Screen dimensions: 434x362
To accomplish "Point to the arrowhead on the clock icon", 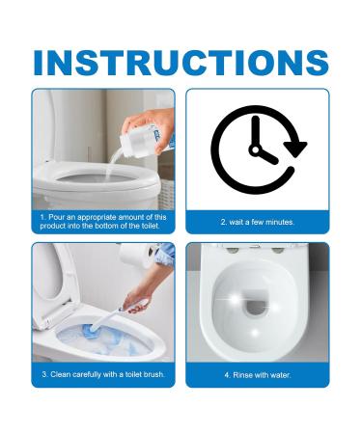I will pos(297,149).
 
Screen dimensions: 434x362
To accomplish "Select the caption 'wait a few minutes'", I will pos(257,222).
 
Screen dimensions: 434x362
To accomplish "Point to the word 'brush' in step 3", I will pos(153,373).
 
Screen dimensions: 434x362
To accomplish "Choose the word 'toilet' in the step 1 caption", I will pos(132,227).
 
